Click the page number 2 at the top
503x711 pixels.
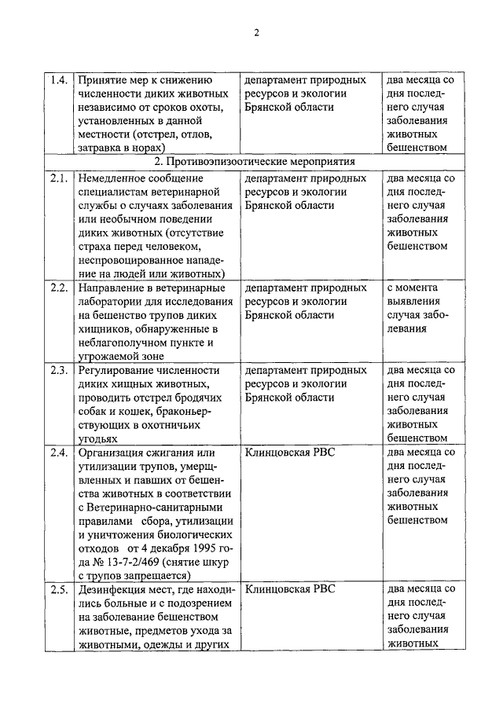point(255,32)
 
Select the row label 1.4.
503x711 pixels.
point(56,80)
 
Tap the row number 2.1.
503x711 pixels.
point(56,178)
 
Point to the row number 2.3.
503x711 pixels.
point(56,370)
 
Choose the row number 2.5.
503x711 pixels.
point(56,588)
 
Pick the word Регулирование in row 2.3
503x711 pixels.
point(114,370)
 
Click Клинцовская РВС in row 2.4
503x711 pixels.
point(289,453)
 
